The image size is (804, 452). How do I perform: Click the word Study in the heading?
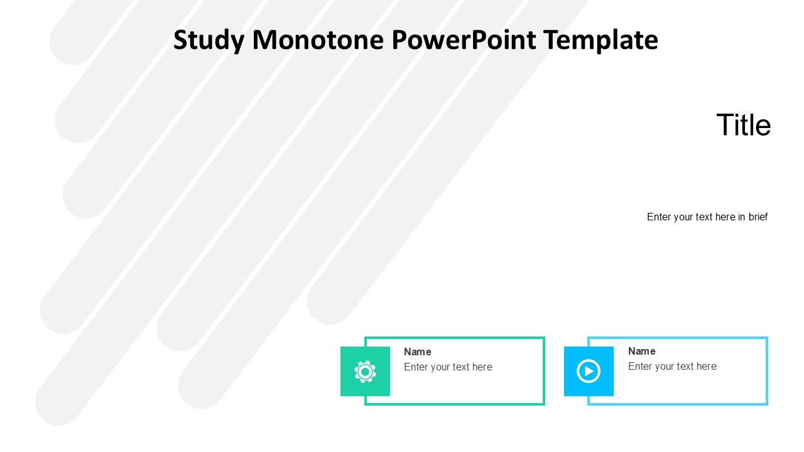coord(209,40)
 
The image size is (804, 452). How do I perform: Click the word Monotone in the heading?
coord(318,40)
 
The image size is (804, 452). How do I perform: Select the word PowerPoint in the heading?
coord(463,40)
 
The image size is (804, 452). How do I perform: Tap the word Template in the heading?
coord(600,40)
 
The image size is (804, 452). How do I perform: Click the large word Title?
coord(743,125)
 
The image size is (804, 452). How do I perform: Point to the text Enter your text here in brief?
coord(707,217)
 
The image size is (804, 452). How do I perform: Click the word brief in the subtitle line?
coord(758,217)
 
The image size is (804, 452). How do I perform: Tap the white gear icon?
coord(365,372)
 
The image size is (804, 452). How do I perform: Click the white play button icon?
coord(589,371)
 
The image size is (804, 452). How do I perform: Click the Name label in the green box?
coord(417,352)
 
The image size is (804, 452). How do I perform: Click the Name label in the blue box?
coord(641,352)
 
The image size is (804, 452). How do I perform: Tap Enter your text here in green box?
coord(448,367)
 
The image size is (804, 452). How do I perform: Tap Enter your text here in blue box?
coord(672,367)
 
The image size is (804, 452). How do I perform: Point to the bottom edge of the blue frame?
coord(678,404)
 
